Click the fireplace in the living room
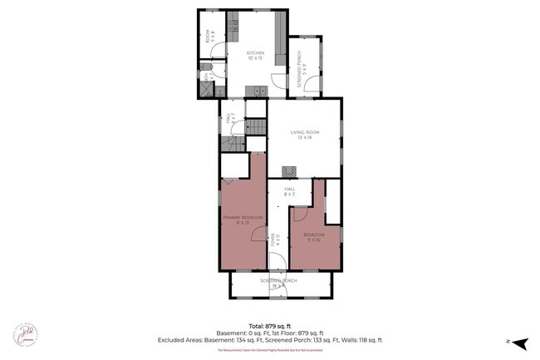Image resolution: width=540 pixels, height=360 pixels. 288,172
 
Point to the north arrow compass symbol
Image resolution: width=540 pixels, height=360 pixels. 518,343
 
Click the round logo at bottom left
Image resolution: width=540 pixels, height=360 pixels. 25,333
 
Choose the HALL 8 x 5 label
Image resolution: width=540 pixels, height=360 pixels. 290,191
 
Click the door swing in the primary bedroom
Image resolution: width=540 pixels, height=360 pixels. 258,234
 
